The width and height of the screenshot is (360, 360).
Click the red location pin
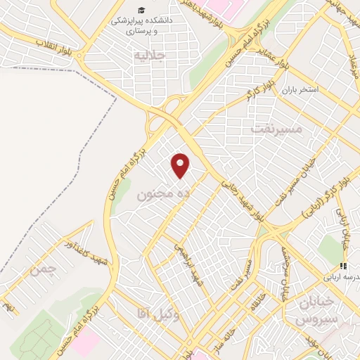point(181,165)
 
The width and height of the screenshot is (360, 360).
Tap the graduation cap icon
point(142,10)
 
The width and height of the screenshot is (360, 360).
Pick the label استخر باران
point(301,91)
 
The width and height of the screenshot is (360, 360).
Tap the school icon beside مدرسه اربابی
point(344,266)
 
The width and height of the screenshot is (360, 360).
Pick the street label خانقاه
point(255,302)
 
